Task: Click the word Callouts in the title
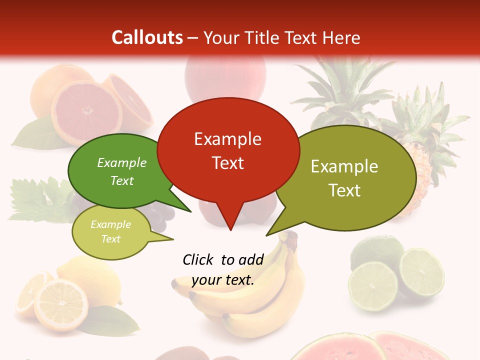pyautogui.click(x=147, y=37)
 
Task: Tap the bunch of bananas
pyautogui.click(x=260, y=300)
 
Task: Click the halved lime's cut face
pyautogui.click(x=421, y=272)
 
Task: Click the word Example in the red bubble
pyautogui.click(x=227, y=139)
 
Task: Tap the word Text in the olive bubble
pyautogui.click(x=344, y=190)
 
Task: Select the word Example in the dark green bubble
pyautogui.click(x=121, y=162)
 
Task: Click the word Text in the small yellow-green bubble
pyautogui.click(x=111, y=239)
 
